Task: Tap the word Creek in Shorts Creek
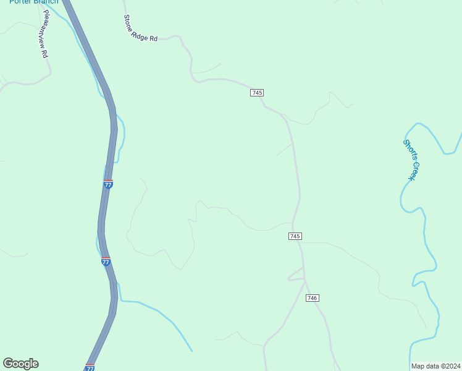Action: click(x=411, y=171)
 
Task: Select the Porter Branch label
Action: click(x=33, y=2)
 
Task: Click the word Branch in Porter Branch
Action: click(x=46, y=2)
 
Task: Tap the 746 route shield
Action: click(x=312, y=298)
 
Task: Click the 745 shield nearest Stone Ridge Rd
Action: click(x=258, y=93)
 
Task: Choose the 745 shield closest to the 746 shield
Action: click(x=295, y=237)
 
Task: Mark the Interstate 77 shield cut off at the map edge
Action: click(x=90, y=368)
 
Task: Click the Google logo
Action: click(x=20, y=364)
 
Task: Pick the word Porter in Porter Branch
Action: click(x=20, y=2)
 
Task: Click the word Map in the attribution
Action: click(x=418, y=365)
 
